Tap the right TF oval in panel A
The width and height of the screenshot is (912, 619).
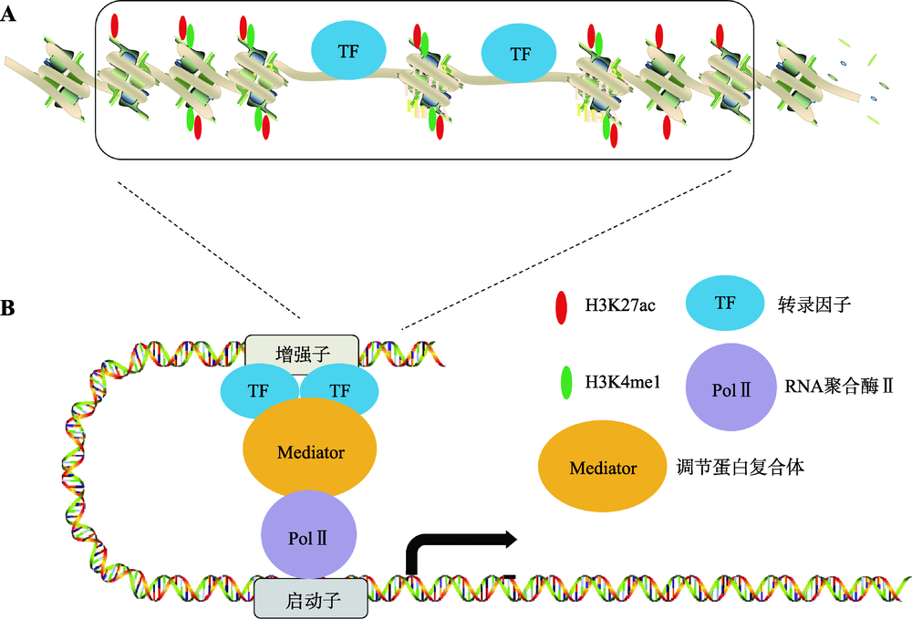tap(520, 54)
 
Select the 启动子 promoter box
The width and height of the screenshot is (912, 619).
tap(311, 599)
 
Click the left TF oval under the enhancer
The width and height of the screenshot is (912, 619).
tap(260, 390)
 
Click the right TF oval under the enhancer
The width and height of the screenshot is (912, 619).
tap(339, 390)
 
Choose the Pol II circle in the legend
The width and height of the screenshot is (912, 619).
tap(732, 387)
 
